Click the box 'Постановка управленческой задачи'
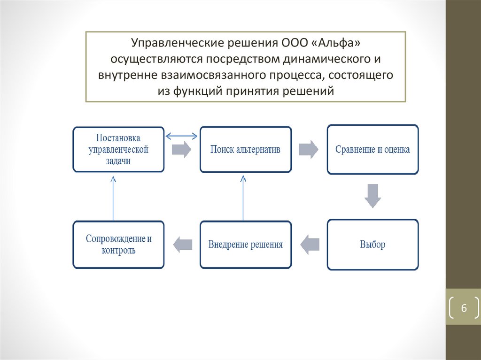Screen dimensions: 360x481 point(119,149)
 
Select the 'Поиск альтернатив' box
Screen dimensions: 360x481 point(245,149)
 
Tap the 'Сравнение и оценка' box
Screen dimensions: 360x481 point(372,150)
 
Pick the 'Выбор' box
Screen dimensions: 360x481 point(372,245)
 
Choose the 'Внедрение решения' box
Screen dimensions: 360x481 point(245,245)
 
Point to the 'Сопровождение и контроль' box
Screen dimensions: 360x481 point(119,245)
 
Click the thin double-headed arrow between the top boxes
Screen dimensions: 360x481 point(182,136)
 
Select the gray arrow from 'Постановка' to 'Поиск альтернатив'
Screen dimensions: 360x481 point(181,150)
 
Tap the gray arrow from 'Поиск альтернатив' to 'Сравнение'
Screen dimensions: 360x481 point(308,150)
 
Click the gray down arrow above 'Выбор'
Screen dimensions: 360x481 point(373,196)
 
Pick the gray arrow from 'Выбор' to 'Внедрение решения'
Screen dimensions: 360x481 point(310,244)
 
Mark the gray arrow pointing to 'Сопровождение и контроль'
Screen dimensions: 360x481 point(183,244)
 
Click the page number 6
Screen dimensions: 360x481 point(464,308)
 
